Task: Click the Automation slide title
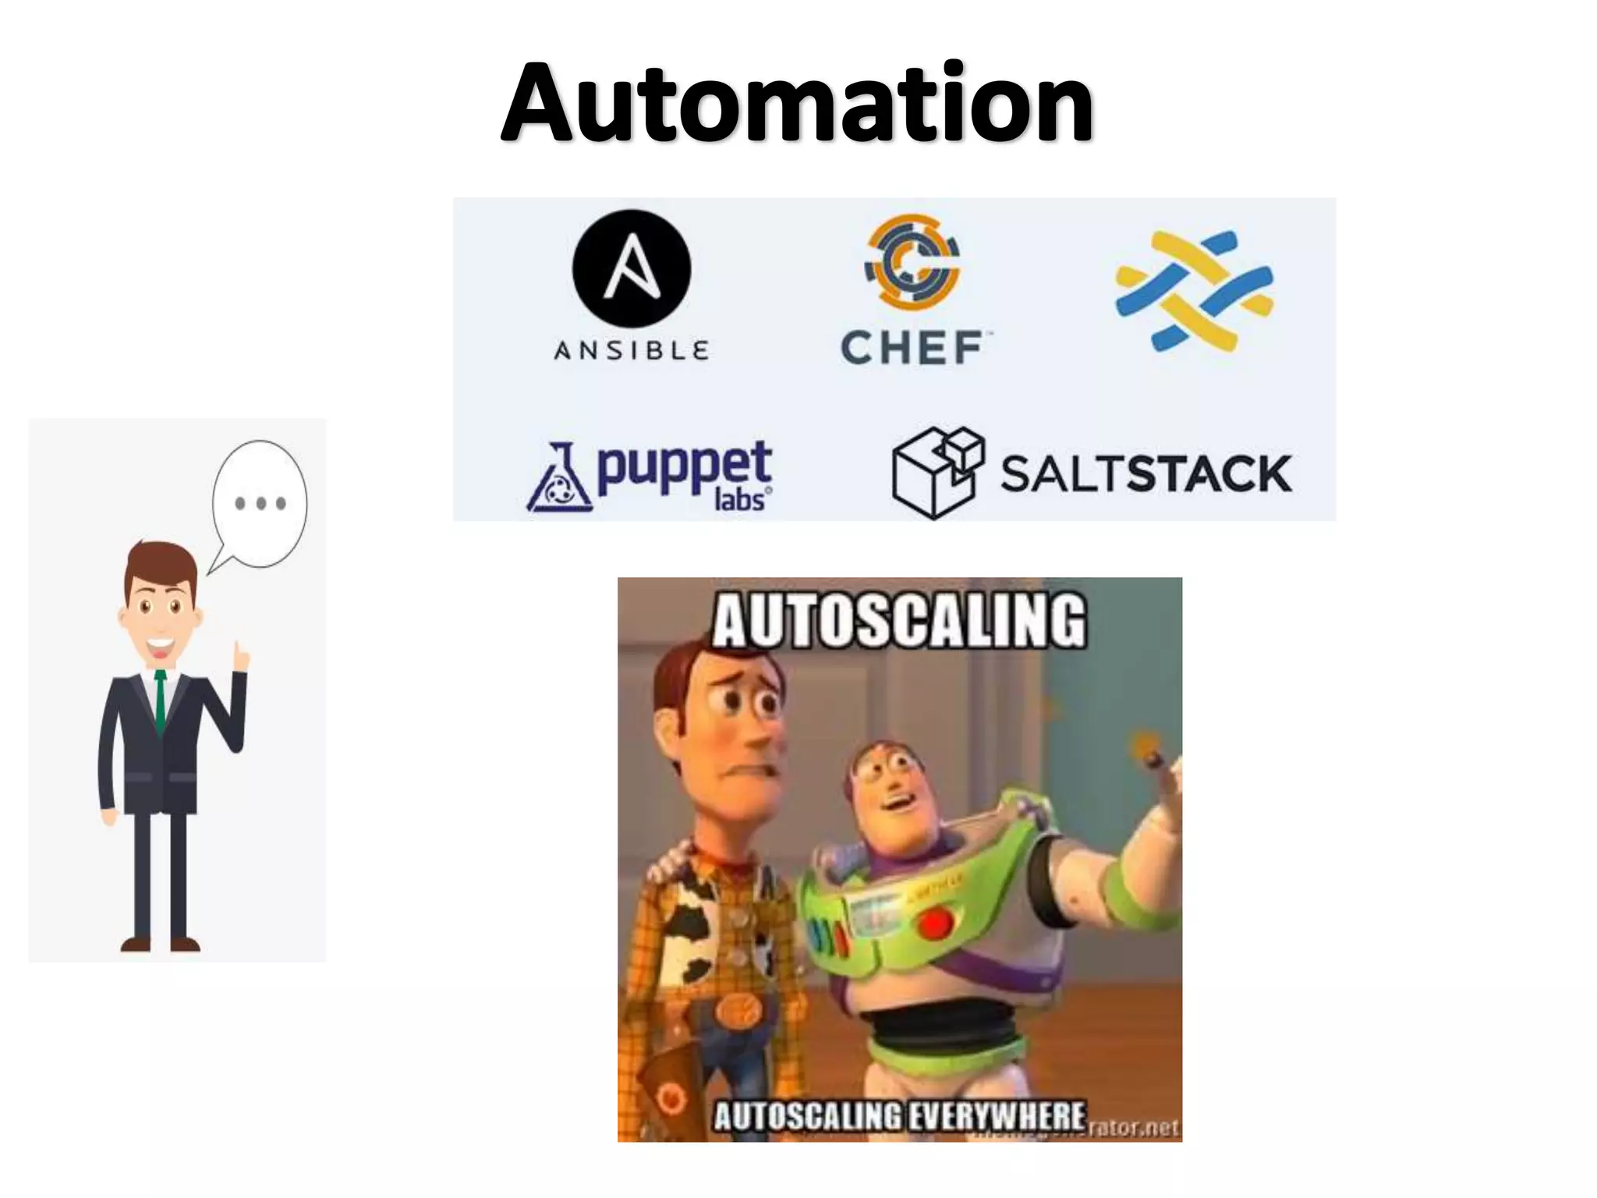click(797, 104)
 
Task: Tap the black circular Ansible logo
click(631, 268)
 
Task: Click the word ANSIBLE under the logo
click(631, 351)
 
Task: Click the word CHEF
click(912, 348)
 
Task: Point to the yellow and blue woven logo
click(1193, 290)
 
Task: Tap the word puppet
click(684, 466)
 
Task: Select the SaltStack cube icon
click(937, 472)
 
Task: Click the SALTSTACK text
click(1146, 473)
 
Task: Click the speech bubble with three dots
click(260, 503)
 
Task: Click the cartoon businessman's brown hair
click(161, 562)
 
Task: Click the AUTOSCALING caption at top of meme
click(898, 621)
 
